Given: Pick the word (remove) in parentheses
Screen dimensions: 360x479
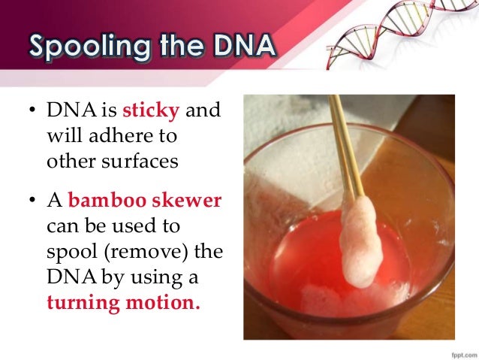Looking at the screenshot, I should click(141, 253).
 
